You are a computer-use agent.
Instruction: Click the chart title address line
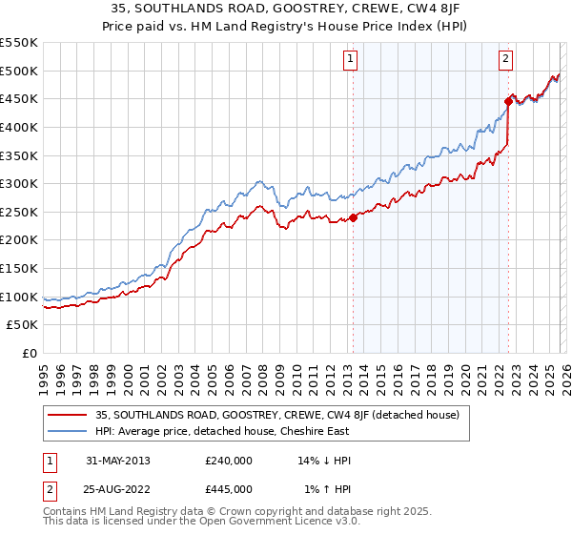pyautogui.click(x=286, y=10)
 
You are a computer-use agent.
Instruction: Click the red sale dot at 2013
pyautogui.click(x=353, y=217)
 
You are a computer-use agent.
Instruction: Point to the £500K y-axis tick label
pyautogui.click(x=19, y=71)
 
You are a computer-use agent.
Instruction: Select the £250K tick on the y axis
pyautogui.click(x=19, y=212)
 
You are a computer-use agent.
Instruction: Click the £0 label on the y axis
pyautogui.click(x=29, y=354)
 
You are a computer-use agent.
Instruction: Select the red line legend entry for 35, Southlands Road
pyautogui.click(x=277, y=415)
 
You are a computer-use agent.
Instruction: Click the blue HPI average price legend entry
pyautogui.click(x=222, y=431)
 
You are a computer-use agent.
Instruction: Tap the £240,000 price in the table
pyautogui.click(x=229, y=461)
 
